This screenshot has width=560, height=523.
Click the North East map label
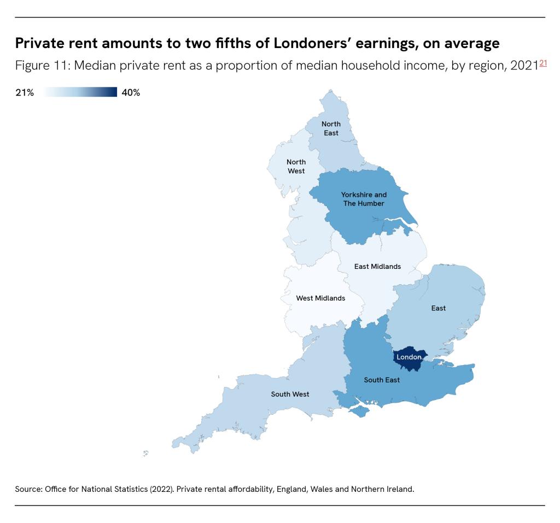click(330, 128)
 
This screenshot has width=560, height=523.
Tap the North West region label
click(296, 166)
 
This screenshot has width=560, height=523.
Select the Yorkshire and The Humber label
click(364, 199)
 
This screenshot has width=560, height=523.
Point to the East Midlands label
click(377, 267)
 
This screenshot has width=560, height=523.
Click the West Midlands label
click(320, 298)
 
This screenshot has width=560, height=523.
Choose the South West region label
click(290, 394)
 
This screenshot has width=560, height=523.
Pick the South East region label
click(382, 380)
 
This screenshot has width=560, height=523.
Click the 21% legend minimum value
click(24, 93)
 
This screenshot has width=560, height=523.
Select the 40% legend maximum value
click(131, 93)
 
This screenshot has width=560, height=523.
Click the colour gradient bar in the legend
click(80, 92)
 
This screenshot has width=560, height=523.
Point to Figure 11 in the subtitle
click(40, 66)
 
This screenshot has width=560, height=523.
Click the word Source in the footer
click(27, 489)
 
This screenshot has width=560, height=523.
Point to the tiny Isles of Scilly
click(145, 453)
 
